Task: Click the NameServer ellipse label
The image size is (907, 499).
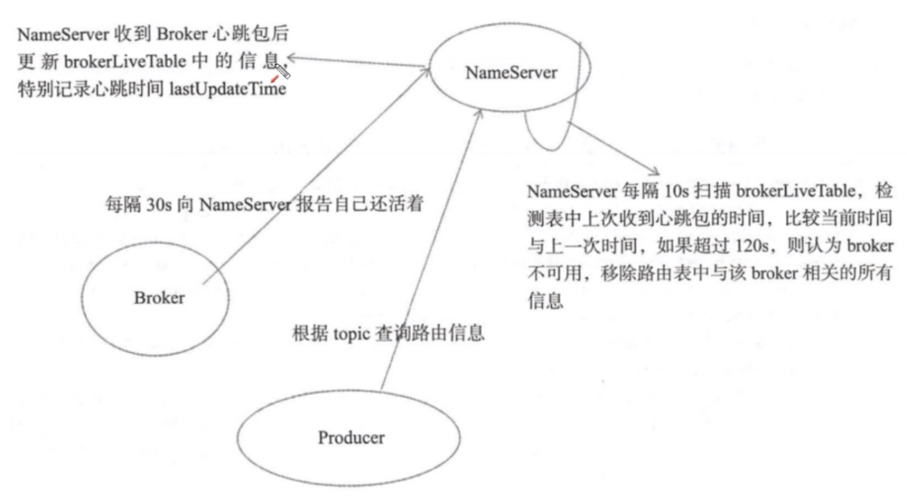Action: (511, 72)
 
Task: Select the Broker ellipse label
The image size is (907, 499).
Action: (159, 298)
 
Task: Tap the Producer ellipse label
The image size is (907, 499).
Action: (351, 437)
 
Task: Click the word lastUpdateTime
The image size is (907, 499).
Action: (227, 90)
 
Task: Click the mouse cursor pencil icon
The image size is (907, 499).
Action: (283, 71)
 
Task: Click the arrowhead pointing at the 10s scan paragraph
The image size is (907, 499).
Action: (656, 172)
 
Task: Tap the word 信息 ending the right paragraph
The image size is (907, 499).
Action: (544, 301)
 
